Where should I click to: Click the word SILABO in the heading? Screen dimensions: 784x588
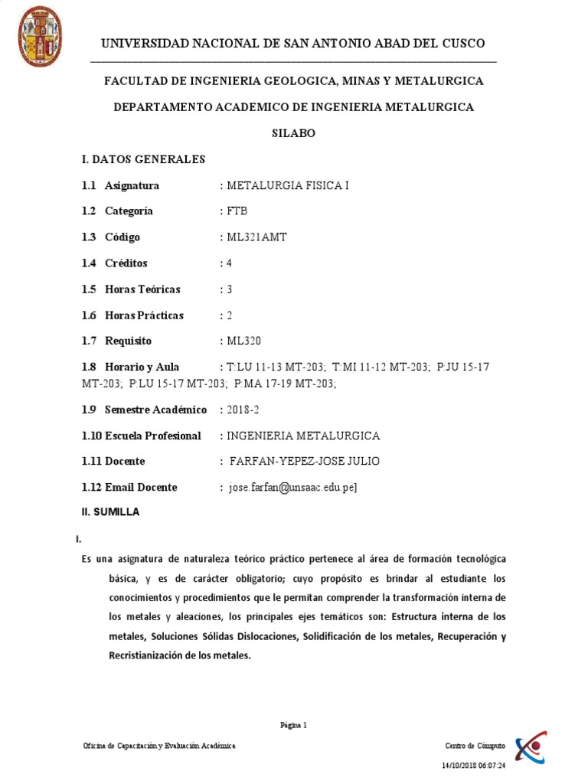(x=293, y=133)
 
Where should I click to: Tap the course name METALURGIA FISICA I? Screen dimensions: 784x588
(x=286, y=185)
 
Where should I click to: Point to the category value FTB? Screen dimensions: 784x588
(x=237, y=211)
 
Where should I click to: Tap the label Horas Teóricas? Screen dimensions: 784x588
(x=142, y=289)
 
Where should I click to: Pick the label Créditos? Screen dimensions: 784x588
(x=126, y=263)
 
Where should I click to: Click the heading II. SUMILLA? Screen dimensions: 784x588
(x=110, y=512)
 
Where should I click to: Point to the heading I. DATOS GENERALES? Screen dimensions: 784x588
(x=144, y=159)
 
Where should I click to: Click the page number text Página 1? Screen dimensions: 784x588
(x=293, y=725)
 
